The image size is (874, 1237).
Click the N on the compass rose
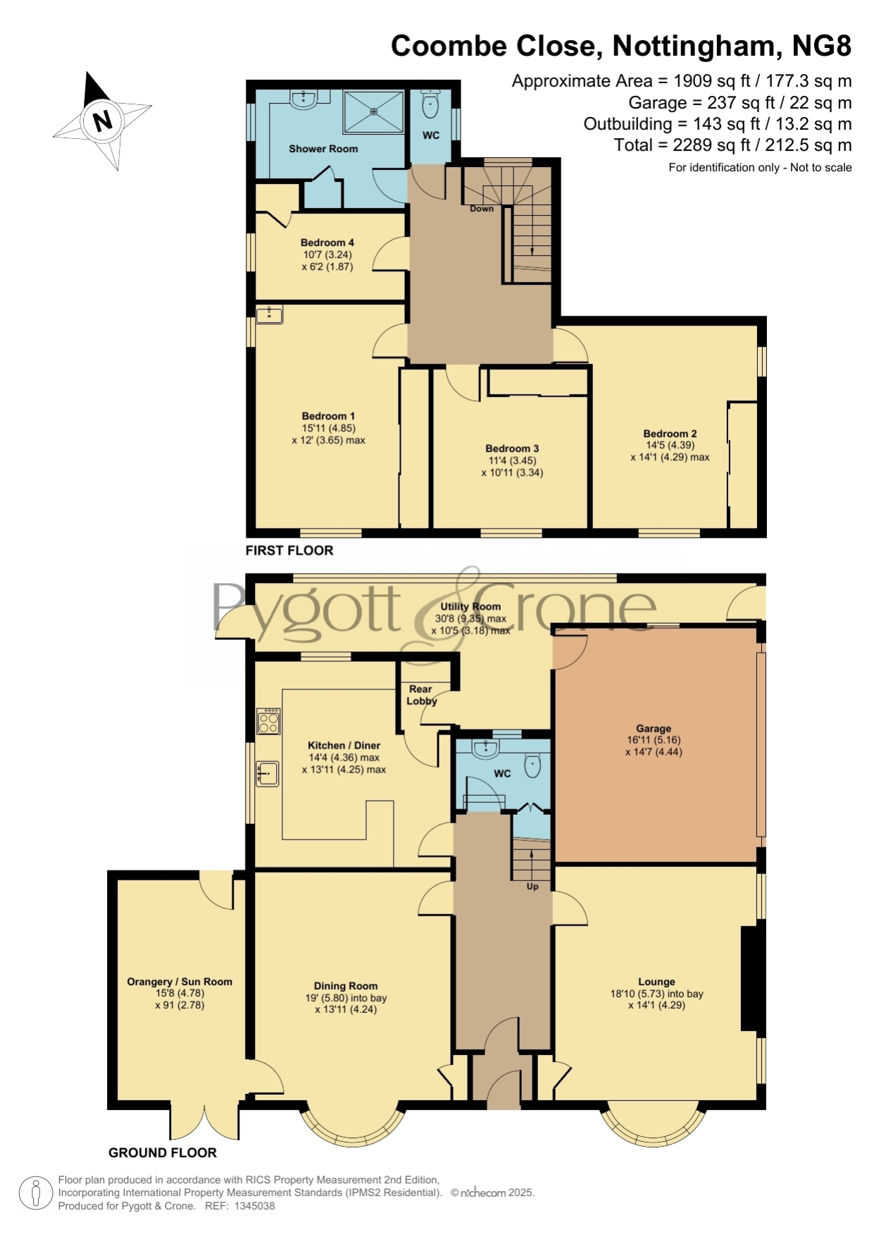point(103,121)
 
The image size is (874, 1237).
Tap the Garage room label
point(654,728)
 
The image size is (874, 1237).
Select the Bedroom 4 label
point(327,242)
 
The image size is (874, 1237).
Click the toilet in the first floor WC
point(430,106)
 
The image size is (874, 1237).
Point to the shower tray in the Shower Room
point(373,111)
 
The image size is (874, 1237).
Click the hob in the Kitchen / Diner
point(268,720)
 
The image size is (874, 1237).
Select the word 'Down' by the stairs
point(482,209)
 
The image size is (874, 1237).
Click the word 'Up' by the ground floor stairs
point(532,887)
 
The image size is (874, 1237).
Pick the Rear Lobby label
point(422,695)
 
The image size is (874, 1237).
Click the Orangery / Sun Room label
point(180,981)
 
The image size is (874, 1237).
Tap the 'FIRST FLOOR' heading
point(289,550)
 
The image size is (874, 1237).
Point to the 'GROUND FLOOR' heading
point(163,1153)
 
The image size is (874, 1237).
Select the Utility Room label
point(470,606)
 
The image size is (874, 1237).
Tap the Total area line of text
point(733,145)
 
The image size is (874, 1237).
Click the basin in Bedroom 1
point(269,314)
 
